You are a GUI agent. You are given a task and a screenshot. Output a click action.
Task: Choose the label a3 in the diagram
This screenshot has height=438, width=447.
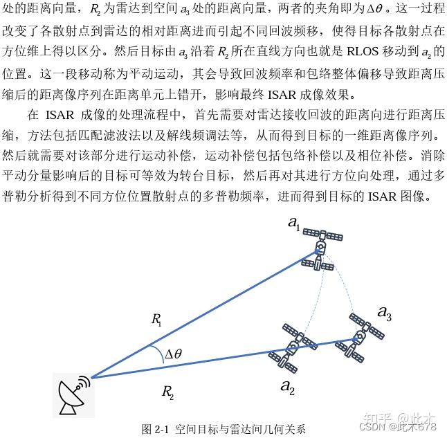pos(384,312)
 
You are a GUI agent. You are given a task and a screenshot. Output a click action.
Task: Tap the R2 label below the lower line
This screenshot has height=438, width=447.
pos(167,392)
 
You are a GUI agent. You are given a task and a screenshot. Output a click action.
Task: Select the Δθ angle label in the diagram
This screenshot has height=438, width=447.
pos(173,354)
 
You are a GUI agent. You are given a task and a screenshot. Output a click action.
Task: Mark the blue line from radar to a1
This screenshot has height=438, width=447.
pos(201,316)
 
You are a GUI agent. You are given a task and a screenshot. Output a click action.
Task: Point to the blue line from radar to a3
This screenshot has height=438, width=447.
pos(208,361)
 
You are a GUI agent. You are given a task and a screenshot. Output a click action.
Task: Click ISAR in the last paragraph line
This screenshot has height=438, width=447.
pos(379,196)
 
